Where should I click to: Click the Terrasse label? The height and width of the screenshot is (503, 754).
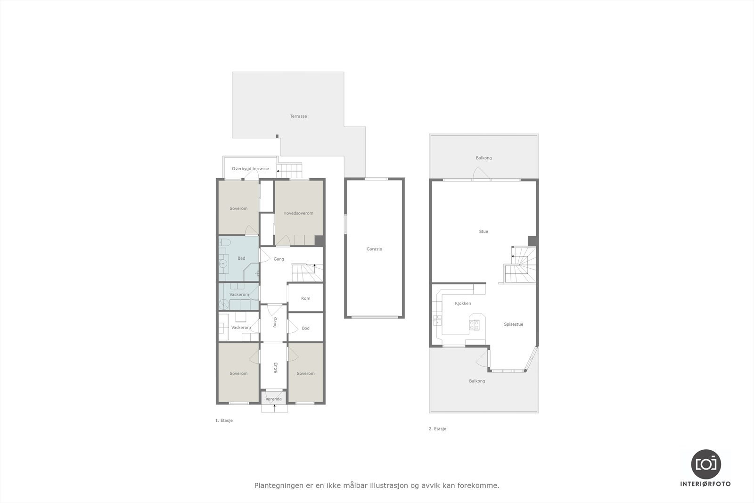[298, 116]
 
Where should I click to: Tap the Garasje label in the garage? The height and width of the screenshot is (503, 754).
[374, 249]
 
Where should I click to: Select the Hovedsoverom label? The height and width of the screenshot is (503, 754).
[298, 213]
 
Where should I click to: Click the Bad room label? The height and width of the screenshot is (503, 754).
[241, 258]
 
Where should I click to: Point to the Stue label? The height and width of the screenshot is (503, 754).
[484, 231]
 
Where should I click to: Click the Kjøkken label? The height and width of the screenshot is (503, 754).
[463, 303]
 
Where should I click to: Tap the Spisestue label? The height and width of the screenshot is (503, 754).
[513, 324]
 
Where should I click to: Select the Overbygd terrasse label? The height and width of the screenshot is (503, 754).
[250, 169]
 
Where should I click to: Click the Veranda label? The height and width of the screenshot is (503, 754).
[274, 399]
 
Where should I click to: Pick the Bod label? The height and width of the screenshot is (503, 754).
[305, 328]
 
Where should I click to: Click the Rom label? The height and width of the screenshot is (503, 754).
[305, 298]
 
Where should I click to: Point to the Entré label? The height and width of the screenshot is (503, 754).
[275, 368]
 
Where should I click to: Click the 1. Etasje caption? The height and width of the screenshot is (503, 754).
[224, 421]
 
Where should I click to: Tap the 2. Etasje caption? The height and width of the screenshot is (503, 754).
[437, 429]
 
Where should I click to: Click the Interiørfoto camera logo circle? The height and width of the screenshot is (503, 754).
[705, 464]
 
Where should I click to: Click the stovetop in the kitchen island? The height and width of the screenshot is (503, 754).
[475, 324]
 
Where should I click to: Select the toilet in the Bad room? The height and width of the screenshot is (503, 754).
[224, 243]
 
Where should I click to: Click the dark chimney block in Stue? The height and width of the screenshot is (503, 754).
[532, 241]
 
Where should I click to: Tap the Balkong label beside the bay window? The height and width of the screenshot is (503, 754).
[477, 381]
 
